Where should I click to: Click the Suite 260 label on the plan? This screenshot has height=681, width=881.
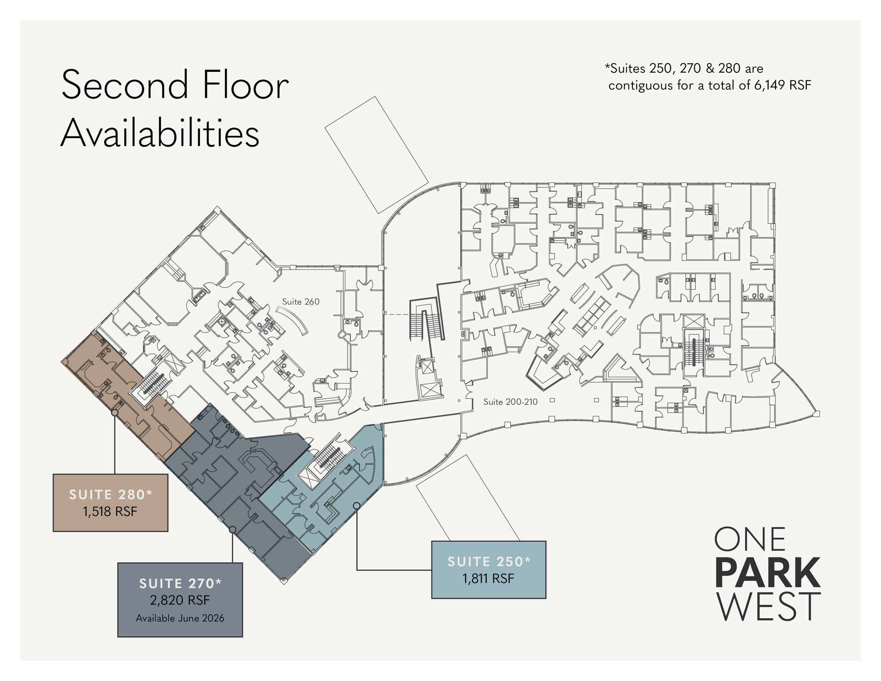point(301,302)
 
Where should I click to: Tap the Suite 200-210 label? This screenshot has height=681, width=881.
point(510,402)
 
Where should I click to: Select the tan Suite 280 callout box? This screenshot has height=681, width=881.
point(111,503)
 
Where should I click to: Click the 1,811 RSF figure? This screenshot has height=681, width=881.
point(489,578)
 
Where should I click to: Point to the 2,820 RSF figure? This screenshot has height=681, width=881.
point(180,600)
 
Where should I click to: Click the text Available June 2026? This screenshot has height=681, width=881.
point(180,618)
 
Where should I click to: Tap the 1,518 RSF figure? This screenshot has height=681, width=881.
point(111,512)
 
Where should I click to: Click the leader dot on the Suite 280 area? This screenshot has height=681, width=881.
point(115,413)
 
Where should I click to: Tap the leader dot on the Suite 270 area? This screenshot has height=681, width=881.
point(232,530)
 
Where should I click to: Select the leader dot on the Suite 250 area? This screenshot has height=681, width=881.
point(357,505)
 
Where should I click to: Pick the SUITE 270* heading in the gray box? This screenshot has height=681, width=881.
point(180,583)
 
